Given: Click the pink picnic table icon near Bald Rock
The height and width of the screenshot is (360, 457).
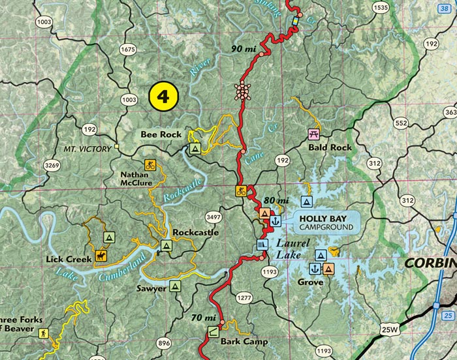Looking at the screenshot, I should (x=314, y=134).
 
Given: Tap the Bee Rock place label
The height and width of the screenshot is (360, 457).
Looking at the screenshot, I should (x=161, y=134).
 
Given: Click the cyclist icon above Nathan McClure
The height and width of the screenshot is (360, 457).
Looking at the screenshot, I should (x=150, y=164).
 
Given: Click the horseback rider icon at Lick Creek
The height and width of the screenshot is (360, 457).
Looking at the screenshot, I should (x=101, y=255).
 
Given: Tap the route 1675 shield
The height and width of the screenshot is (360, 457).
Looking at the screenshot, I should (x=128, y=50).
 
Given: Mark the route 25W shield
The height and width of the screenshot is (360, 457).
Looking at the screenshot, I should (x=390, y=331).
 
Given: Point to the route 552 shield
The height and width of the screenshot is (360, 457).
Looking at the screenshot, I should (x=401, y=123).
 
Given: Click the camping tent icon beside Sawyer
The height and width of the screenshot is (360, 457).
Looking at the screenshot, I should (x=174, y=286).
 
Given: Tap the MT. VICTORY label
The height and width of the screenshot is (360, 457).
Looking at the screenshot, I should (x=87, y=149).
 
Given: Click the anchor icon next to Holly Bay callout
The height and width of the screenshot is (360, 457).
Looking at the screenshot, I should (x=275, y=220).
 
